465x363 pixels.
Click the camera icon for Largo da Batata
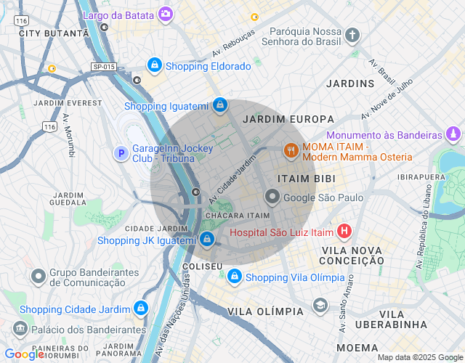tap(166, 13)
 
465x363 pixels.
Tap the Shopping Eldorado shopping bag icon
tap(154, 66)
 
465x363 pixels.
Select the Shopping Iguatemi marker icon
tap(219, 106)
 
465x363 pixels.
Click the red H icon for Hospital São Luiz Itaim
tap(344, 232)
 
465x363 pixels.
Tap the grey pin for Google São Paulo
tap(272, 197)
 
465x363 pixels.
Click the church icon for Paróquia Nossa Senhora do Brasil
tap(352, 35)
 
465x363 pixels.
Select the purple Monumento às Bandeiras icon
tap(453, 134)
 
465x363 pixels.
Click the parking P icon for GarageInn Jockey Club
tap(121, 153)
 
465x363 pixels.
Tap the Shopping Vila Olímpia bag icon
tap(234, 277)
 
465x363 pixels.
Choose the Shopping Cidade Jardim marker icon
tap(140, 309)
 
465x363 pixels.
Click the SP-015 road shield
tap(104, 67)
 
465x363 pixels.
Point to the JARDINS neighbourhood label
tap(350, 83)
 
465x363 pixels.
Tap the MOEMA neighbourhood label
tap(357, 347)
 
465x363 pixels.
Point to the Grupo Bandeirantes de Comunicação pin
tap(39, 277)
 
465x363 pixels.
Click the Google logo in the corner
tap(25, 354)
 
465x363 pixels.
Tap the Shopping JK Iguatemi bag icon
tap(208, 239)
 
